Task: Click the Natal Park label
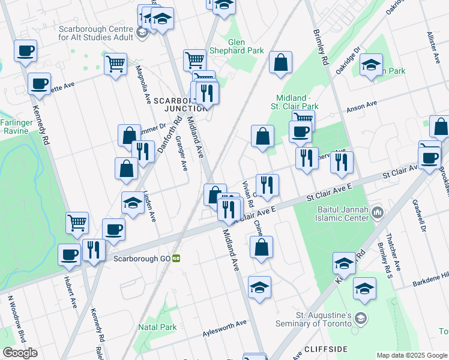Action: click(x=157, y=327)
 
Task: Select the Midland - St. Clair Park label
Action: click(x=297, y=102)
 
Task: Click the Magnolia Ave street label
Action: click(x=143, y=85)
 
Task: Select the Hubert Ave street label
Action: click(x=71, y=292)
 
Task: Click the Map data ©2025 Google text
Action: click(x=412, y=355)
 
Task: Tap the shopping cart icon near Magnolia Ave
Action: click(x=115, y=63)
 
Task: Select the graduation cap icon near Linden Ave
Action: click(x=133, y=203)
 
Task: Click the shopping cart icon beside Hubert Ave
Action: click(x=77, y=223)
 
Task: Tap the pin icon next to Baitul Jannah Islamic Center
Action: click(x=378, y=212)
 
